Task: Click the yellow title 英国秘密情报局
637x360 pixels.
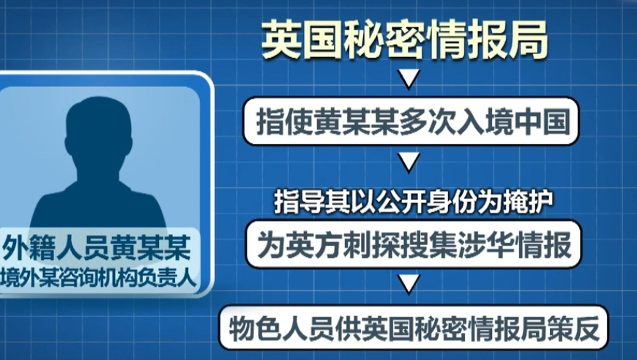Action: pyautogui.click(x=405, y=40)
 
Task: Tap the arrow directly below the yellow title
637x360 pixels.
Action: pyautogui.click(x=409, y=79)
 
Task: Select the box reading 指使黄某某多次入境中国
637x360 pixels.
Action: pyautogui.click(x=410, y=121)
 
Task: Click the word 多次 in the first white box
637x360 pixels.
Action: pyautogui.click(x=428, y=121)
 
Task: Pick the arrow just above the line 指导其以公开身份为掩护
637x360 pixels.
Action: pyautogui.click(x=409, y=162)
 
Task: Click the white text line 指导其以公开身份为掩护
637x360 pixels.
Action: pyautogui.click(x=414, y=201)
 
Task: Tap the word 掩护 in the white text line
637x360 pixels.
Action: pyautogui.click(x=529, y=201)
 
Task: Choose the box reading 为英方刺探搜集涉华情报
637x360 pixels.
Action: pyautogui.click(x=413, y=244)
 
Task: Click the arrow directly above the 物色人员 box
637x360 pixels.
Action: pyautogui.click(x=409, y=283)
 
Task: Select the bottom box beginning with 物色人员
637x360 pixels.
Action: pyautogui.click(x=414, y=328)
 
